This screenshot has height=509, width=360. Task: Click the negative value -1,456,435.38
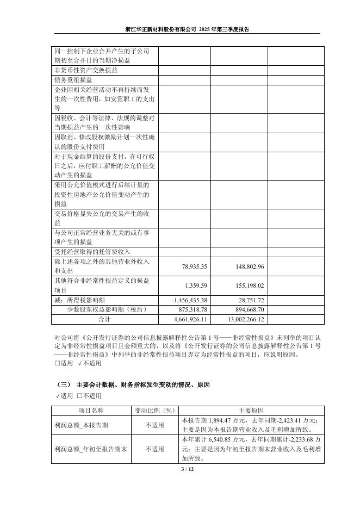click(186, 300)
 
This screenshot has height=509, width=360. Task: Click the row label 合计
click(104, 319)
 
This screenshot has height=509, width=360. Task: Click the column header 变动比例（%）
click(154, 411)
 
